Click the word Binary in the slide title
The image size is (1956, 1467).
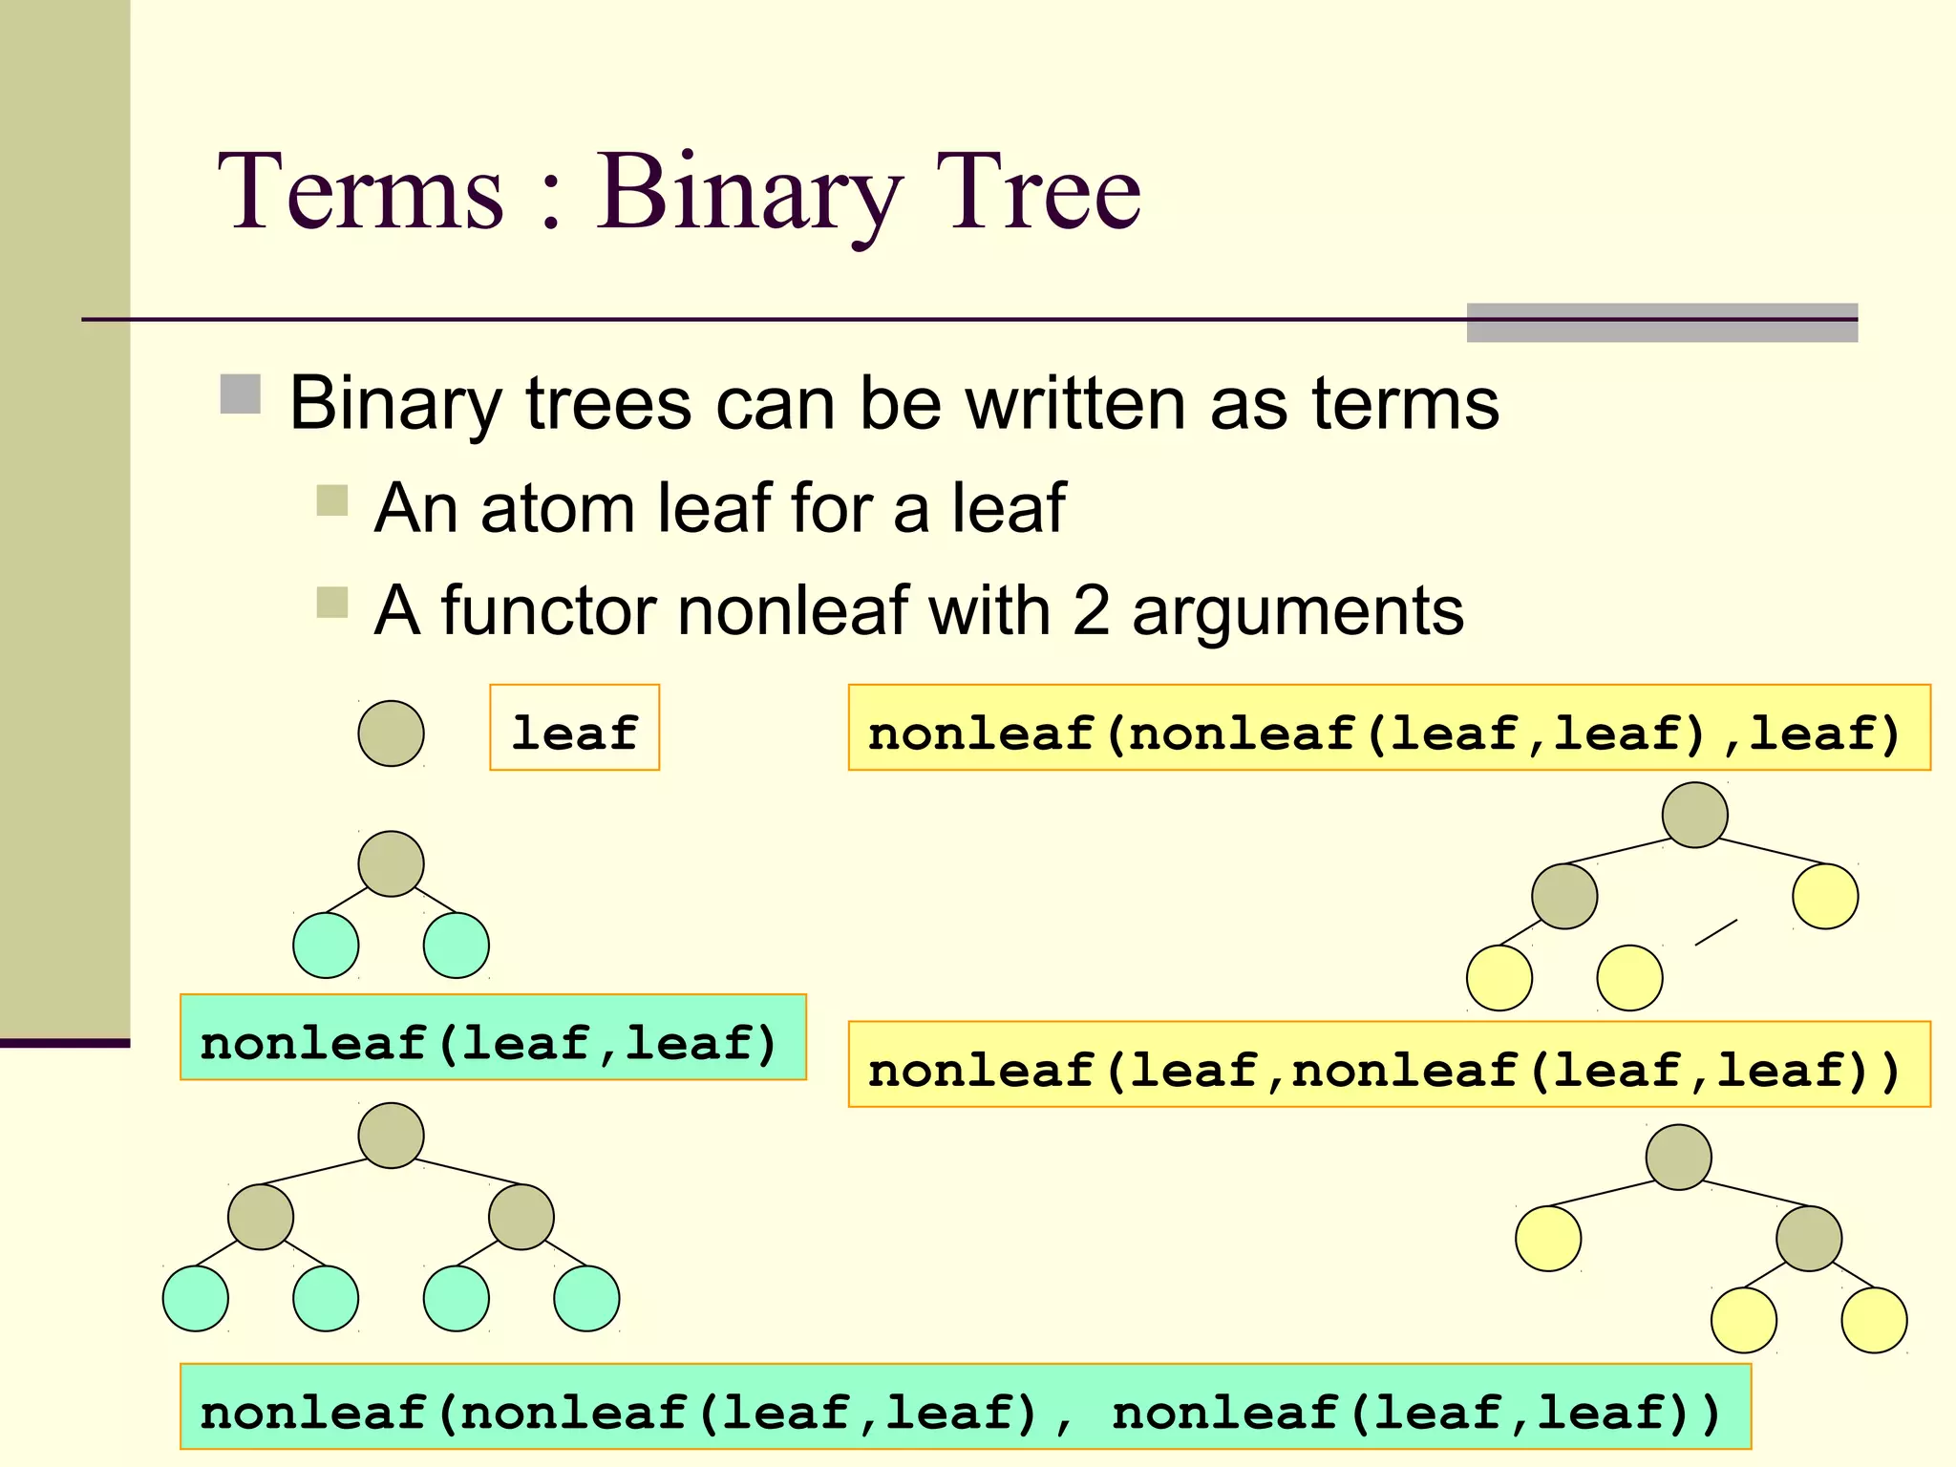click(x=749, y=194)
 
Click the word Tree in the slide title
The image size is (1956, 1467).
click(x=1038, y=194)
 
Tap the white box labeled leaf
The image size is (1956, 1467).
click(x=574, y=728)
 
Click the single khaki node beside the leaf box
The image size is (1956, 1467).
click(x=391, y=733)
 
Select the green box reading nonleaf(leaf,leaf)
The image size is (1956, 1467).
click(x=493, y=1038)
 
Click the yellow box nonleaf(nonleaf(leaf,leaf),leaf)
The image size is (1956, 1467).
click(x=1389, y=728)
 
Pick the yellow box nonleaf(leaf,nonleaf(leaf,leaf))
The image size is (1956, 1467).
click(x=1389, y=1065)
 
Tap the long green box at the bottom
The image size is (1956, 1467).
click(x=965, y=1407)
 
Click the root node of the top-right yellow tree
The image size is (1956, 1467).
click(x=1694, y=815)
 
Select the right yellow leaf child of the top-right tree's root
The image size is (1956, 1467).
click(x=1825, y=896)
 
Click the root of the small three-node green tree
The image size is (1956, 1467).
click(x=391, y=863)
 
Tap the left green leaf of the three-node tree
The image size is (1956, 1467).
click(x=326, y=946)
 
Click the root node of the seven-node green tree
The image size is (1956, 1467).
click(x=391, y=1136)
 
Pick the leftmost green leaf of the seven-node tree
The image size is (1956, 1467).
click(x=196, y=1299)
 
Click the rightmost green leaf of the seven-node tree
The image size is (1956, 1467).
click(x=586, y=1299)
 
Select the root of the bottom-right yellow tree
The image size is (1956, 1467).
click(x=1678, y=1158)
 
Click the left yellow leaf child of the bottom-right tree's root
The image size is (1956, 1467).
click(x=1548, y=1239)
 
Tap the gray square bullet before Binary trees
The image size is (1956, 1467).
click(x=241, y=394)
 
